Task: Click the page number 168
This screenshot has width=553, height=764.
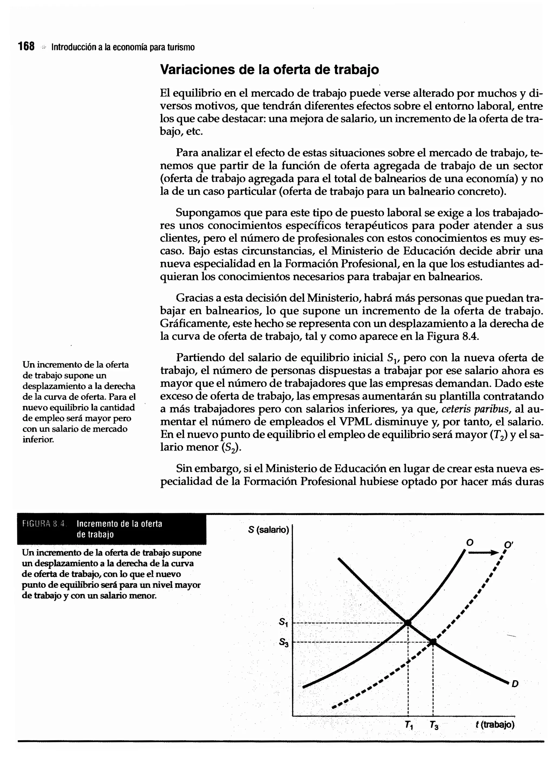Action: (26, 46)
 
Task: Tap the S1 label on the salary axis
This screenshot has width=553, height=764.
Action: (284, 622)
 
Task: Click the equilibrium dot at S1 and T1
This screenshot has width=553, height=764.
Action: (408, 622)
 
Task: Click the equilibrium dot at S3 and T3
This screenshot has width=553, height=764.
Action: (433, 642)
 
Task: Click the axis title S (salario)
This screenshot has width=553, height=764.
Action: (268, 530)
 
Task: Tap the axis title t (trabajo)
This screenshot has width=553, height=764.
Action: (495, 724)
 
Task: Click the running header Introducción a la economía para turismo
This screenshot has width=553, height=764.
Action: (123, 47)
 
